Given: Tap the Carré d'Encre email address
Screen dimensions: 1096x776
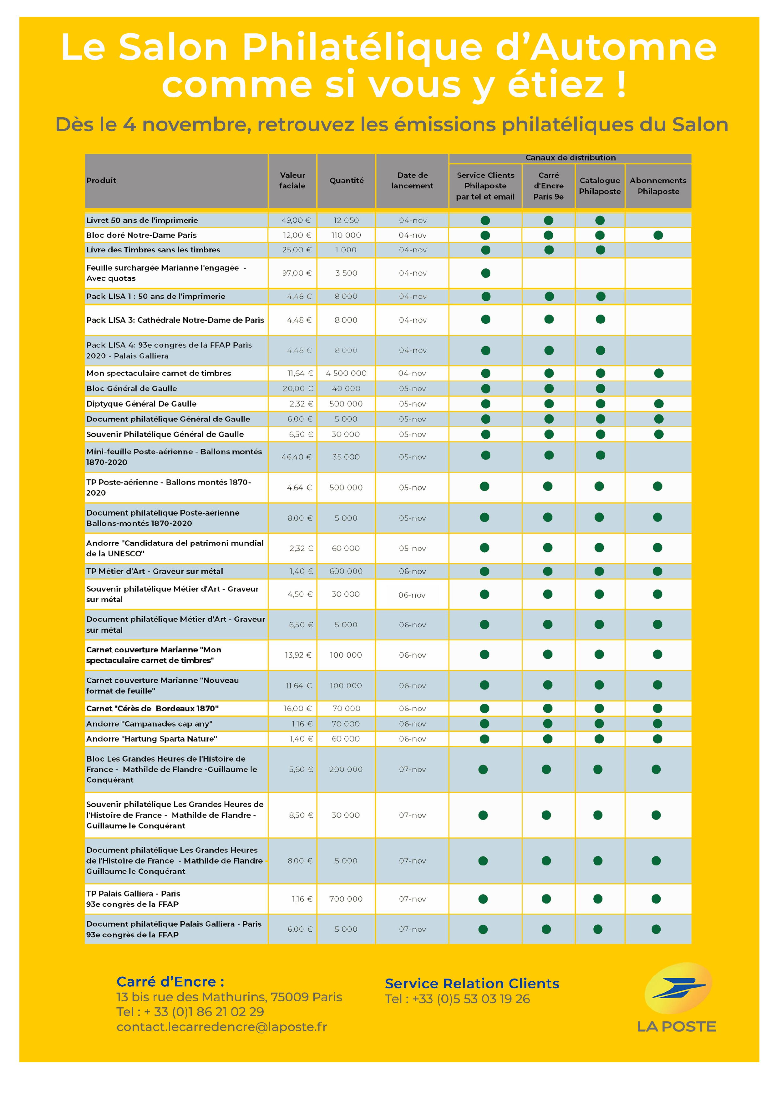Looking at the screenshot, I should (222, 1027).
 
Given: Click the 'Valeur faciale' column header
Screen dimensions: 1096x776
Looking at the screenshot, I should (292, 181).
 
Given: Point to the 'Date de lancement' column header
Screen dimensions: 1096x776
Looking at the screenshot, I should (412, 181).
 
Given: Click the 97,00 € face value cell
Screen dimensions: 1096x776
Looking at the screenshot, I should (297, 273).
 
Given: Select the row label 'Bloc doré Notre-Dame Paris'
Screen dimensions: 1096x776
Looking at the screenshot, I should (141, 235).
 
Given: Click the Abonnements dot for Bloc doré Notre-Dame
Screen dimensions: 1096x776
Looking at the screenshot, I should (658, 235).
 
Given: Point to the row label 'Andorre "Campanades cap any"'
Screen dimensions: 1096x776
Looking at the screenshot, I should (149, 724).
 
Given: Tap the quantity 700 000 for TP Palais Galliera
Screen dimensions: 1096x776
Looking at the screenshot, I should (346, 899).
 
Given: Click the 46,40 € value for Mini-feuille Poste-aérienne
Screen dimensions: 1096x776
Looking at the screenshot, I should (296, 457).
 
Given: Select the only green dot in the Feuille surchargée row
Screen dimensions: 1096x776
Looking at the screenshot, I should (485, 273).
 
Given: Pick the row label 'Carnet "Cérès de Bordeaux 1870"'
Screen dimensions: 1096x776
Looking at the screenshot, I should (152, 708).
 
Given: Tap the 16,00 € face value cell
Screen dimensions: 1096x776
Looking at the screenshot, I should (297, 708).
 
